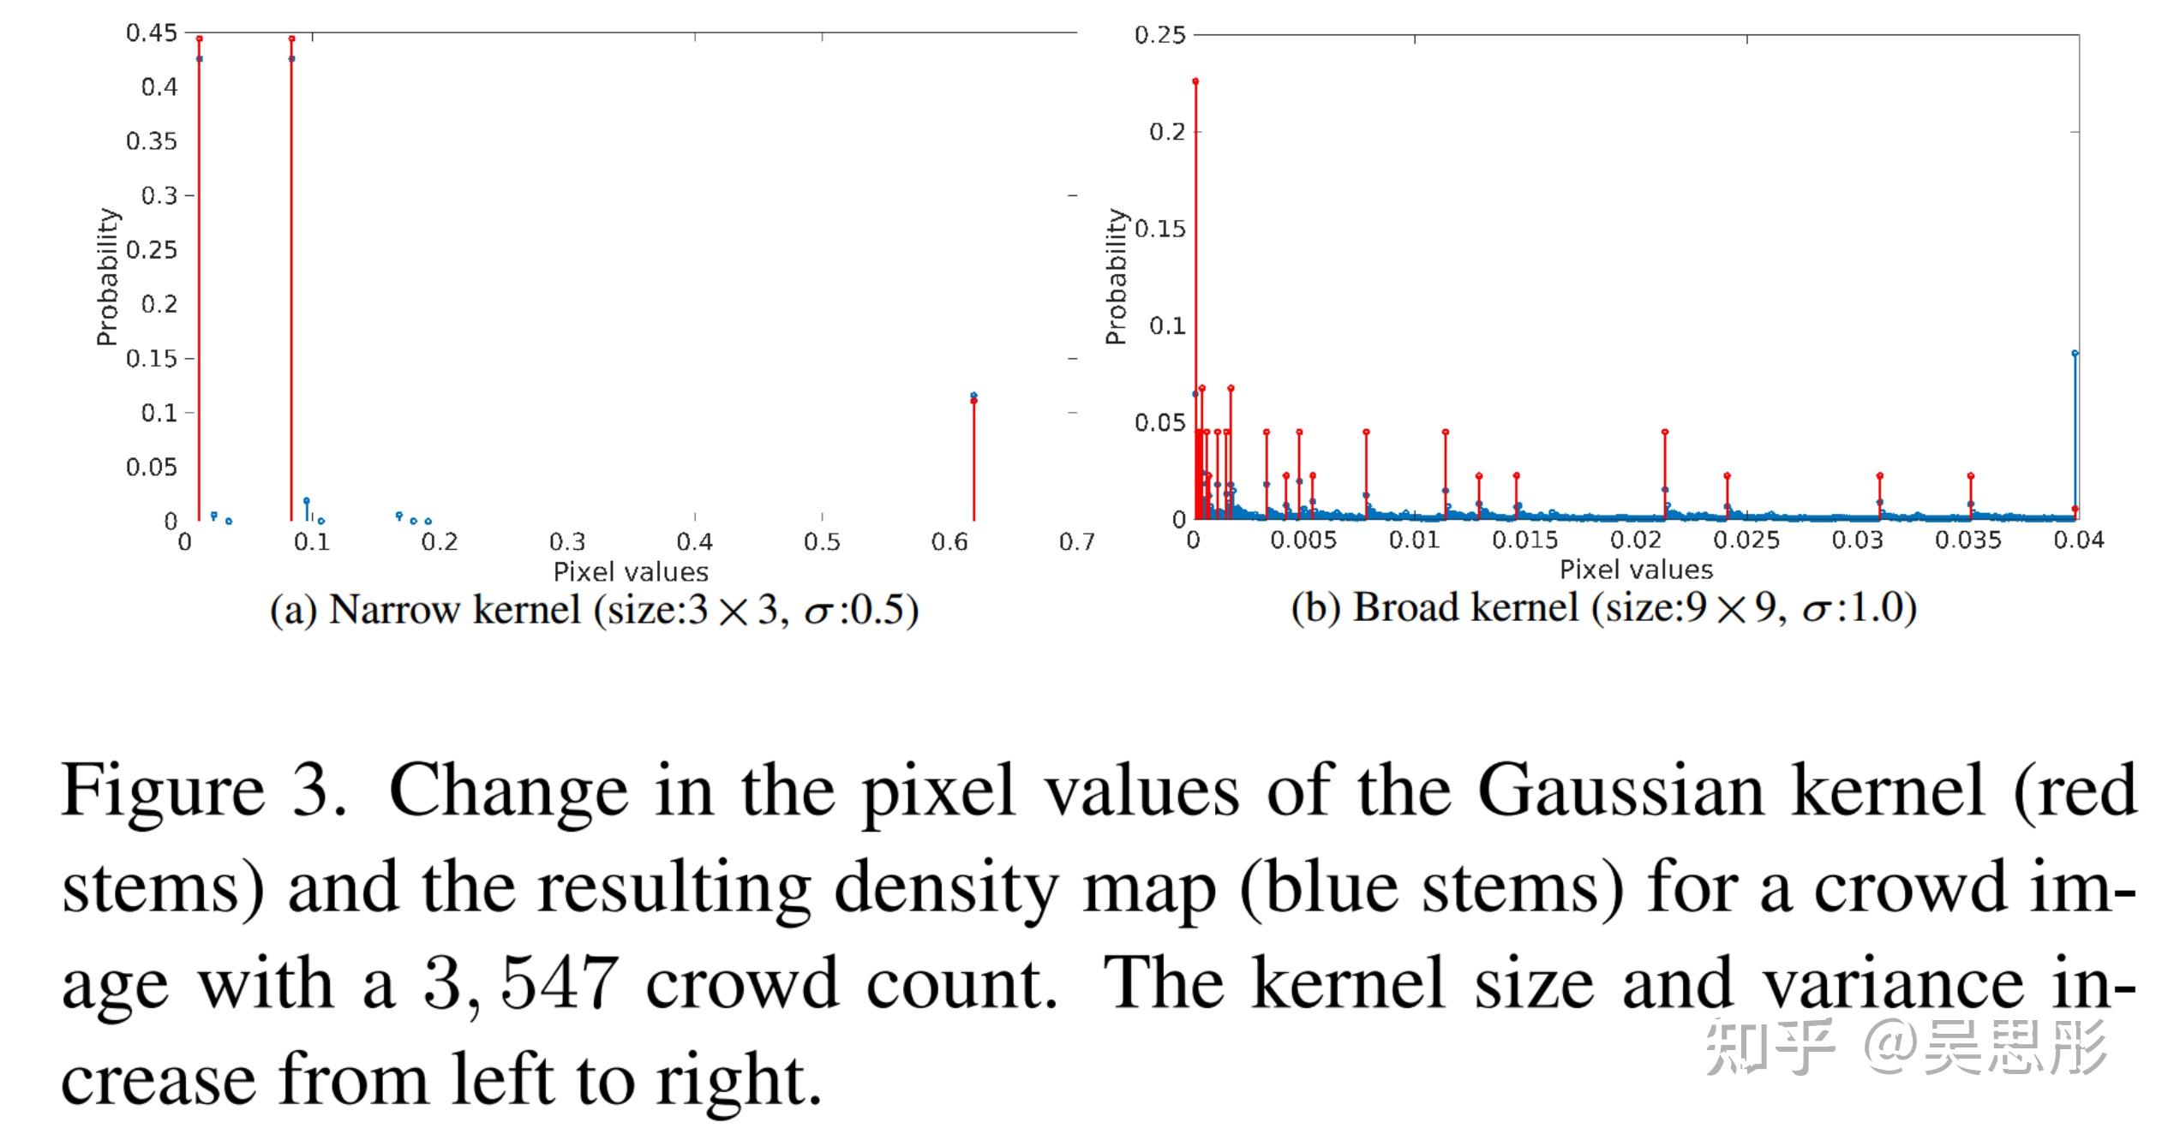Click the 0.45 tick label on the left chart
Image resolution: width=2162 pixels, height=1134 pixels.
[x=152, y=33]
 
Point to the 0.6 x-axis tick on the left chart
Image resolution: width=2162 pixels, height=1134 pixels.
[x=949, y=541]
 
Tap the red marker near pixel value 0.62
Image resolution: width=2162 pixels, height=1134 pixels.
[x=973, y=401]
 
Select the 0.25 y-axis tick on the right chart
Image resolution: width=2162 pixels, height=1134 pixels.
[x=1159, y=35]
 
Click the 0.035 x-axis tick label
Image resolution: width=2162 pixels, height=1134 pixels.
[x=1967, y=540]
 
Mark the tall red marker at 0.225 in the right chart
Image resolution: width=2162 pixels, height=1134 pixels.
[x=1195, y=81]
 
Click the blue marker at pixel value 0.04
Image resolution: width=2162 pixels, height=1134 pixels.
[x=2075, y=353]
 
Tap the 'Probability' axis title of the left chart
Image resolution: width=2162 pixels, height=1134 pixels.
[x=107, y=277]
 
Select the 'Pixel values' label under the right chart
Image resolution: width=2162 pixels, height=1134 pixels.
[x=1635, y=570]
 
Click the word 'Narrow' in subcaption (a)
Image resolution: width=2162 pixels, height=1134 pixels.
[x=394, y=610]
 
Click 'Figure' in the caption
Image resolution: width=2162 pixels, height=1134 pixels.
[x=163, y=791]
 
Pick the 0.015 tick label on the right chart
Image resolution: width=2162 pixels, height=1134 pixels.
[x=1524, y=540]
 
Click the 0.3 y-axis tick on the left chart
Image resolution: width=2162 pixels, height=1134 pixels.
[x=159, y=195]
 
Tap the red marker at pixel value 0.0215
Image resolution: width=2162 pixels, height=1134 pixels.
[x=1665, y=433]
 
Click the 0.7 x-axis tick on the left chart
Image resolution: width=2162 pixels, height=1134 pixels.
[x=1076, y=541]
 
